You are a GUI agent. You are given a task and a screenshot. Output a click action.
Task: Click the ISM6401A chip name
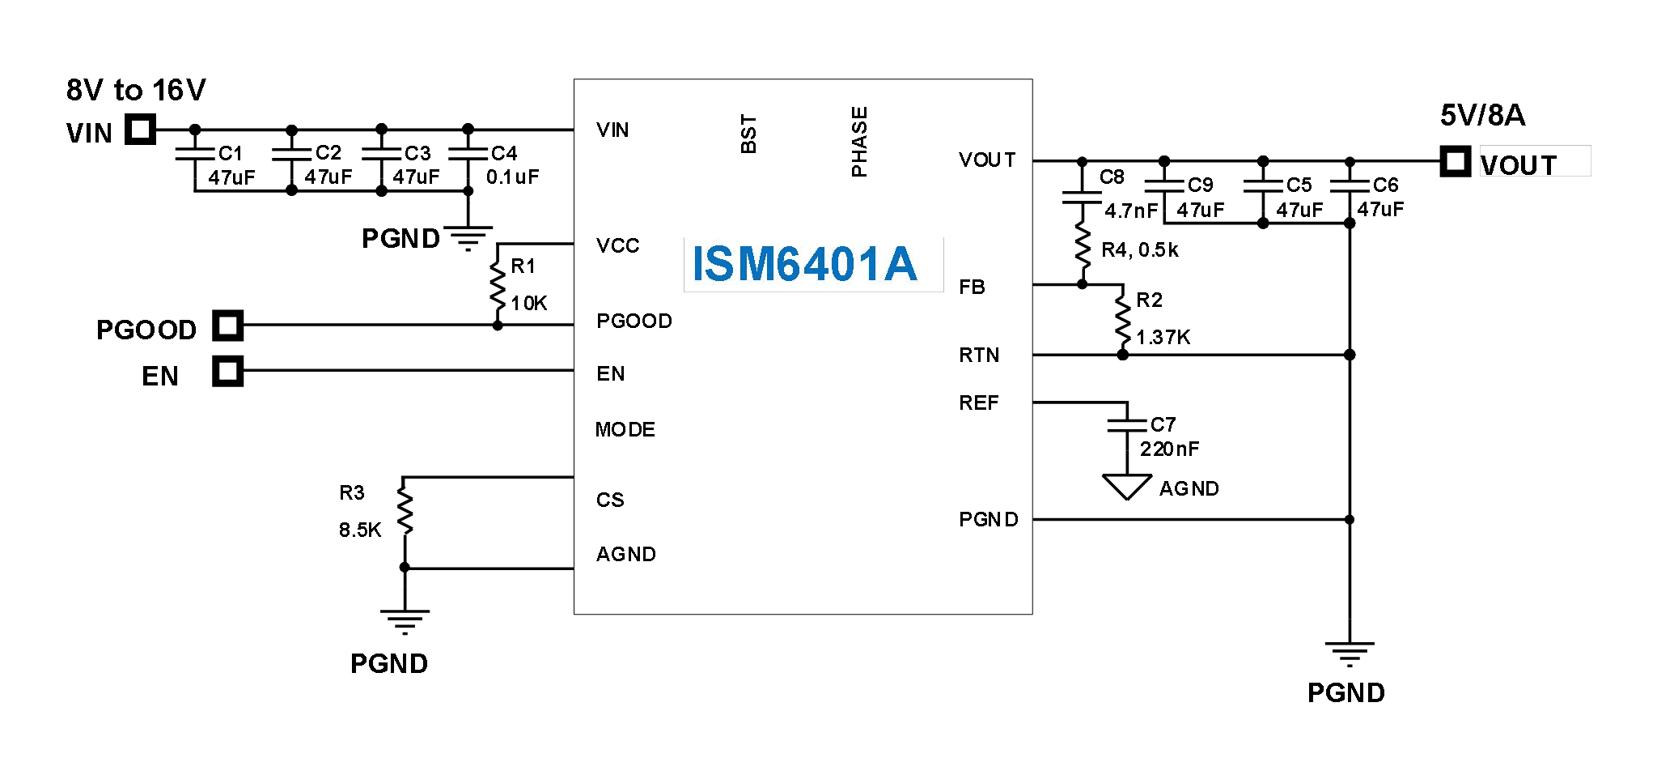pyautogui.click(x=804, y=264)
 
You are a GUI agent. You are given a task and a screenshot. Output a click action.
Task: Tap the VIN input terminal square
pyautogui.click(x=140, y=129)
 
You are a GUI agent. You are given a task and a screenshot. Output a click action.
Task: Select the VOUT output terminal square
pyautogui.click(x=1455, y=161)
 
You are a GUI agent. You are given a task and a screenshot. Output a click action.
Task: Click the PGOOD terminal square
pyautogui.click(x=228, y=326)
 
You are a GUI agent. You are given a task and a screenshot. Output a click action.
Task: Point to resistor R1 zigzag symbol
pyautogui.click(x=498, y=283)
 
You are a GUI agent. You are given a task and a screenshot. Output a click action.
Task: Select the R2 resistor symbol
pyautogui.click(x=1122, y=318)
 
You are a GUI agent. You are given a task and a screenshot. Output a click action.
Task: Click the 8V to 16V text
pyautogui.click(x=136, y=90)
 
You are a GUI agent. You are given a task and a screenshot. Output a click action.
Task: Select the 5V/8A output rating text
pyautogui.click(x=1482, y=116)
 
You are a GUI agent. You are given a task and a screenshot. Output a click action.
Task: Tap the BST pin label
pyautogui.click(x=748, y=134)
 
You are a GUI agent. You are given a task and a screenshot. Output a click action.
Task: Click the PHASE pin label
pyautogui.click(x=859, y=142)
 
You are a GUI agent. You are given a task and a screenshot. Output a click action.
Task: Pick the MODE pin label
pyautogui.click(x=625, y=430)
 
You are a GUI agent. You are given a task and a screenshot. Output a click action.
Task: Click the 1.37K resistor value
pyautogui.click(x=1163, y=338)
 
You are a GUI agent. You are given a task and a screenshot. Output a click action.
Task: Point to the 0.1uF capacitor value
pyautogui.click(x=512, y=177)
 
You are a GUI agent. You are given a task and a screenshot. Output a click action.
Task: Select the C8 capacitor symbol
pyautogui.click(x=1083, y=194)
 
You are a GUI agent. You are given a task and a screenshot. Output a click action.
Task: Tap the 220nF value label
pyautogui.click(x=1169, y=449)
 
